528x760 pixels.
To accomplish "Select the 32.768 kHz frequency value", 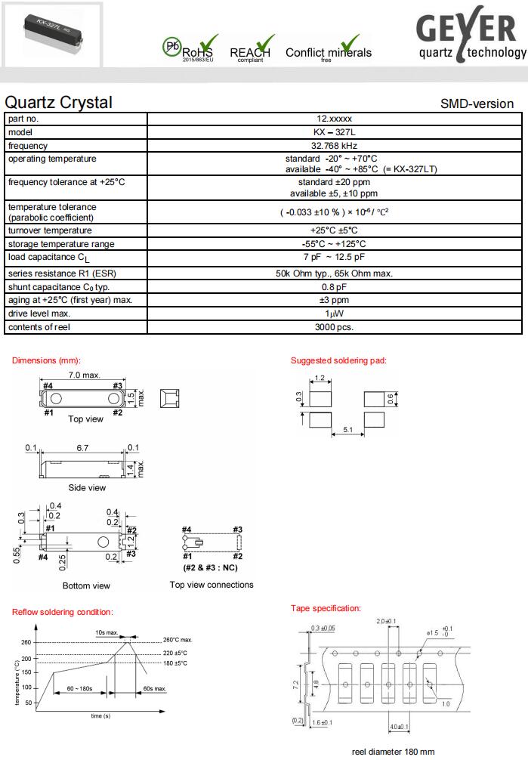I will click(x=333, y=146).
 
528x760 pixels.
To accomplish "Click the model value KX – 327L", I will click(x=333, y=132).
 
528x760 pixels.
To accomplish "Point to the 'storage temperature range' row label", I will click(x=61, y=244).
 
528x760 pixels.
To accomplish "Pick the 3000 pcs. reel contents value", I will click(x=333, y=327).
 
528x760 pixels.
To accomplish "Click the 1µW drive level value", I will click(x=333, y=314).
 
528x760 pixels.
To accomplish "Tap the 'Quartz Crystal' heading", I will click(x=58, y=103).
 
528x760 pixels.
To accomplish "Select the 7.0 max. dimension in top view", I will click(x=83, y=375).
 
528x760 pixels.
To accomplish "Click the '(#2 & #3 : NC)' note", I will click(x=212, y=567).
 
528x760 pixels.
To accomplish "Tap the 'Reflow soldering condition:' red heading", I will click(x=63, y=612).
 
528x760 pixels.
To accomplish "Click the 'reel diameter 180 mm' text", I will click(x=394, y=752).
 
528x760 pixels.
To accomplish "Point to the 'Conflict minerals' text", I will click(x=328, y=53).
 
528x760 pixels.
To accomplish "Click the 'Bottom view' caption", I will click(x=86, y=585).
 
